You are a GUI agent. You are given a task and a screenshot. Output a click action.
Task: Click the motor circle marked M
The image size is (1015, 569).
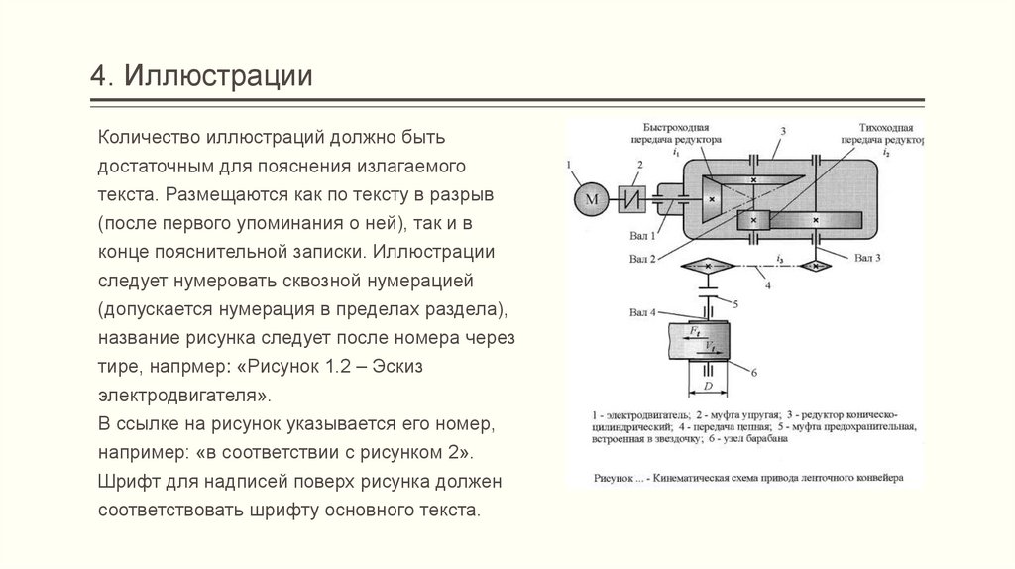tap(592, 199)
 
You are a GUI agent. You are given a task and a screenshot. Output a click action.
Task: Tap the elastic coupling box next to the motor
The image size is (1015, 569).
tap(631, 199)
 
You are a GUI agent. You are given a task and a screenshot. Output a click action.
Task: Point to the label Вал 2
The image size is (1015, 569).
tap(642, 259)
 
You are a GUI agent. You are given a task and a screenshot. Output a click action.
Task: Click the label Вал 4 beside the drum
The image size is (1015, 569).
tap(642, 313)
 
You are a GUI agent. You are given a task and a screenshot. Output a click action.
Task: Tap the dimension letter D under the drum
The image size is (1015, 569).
tap(708, 383)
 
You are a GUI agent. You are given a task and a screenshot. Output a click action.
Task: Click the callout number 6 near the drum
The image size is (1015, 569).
tap(754, 372)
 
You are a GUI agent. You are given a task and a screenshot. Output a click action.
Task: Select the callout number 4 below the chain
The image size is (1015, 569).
tap(765, 284)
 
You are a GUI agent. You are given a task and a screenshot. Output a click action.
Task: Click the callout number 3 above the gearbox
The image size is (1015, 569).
tap(782, 132)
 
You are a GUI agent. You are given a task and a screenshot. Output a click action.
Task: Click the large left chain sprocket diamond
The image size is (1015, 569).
tap(705, 267)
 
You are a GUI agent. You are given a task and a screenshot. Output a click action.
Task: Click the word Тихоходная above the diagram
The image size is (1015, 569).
tap(885, 129)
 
